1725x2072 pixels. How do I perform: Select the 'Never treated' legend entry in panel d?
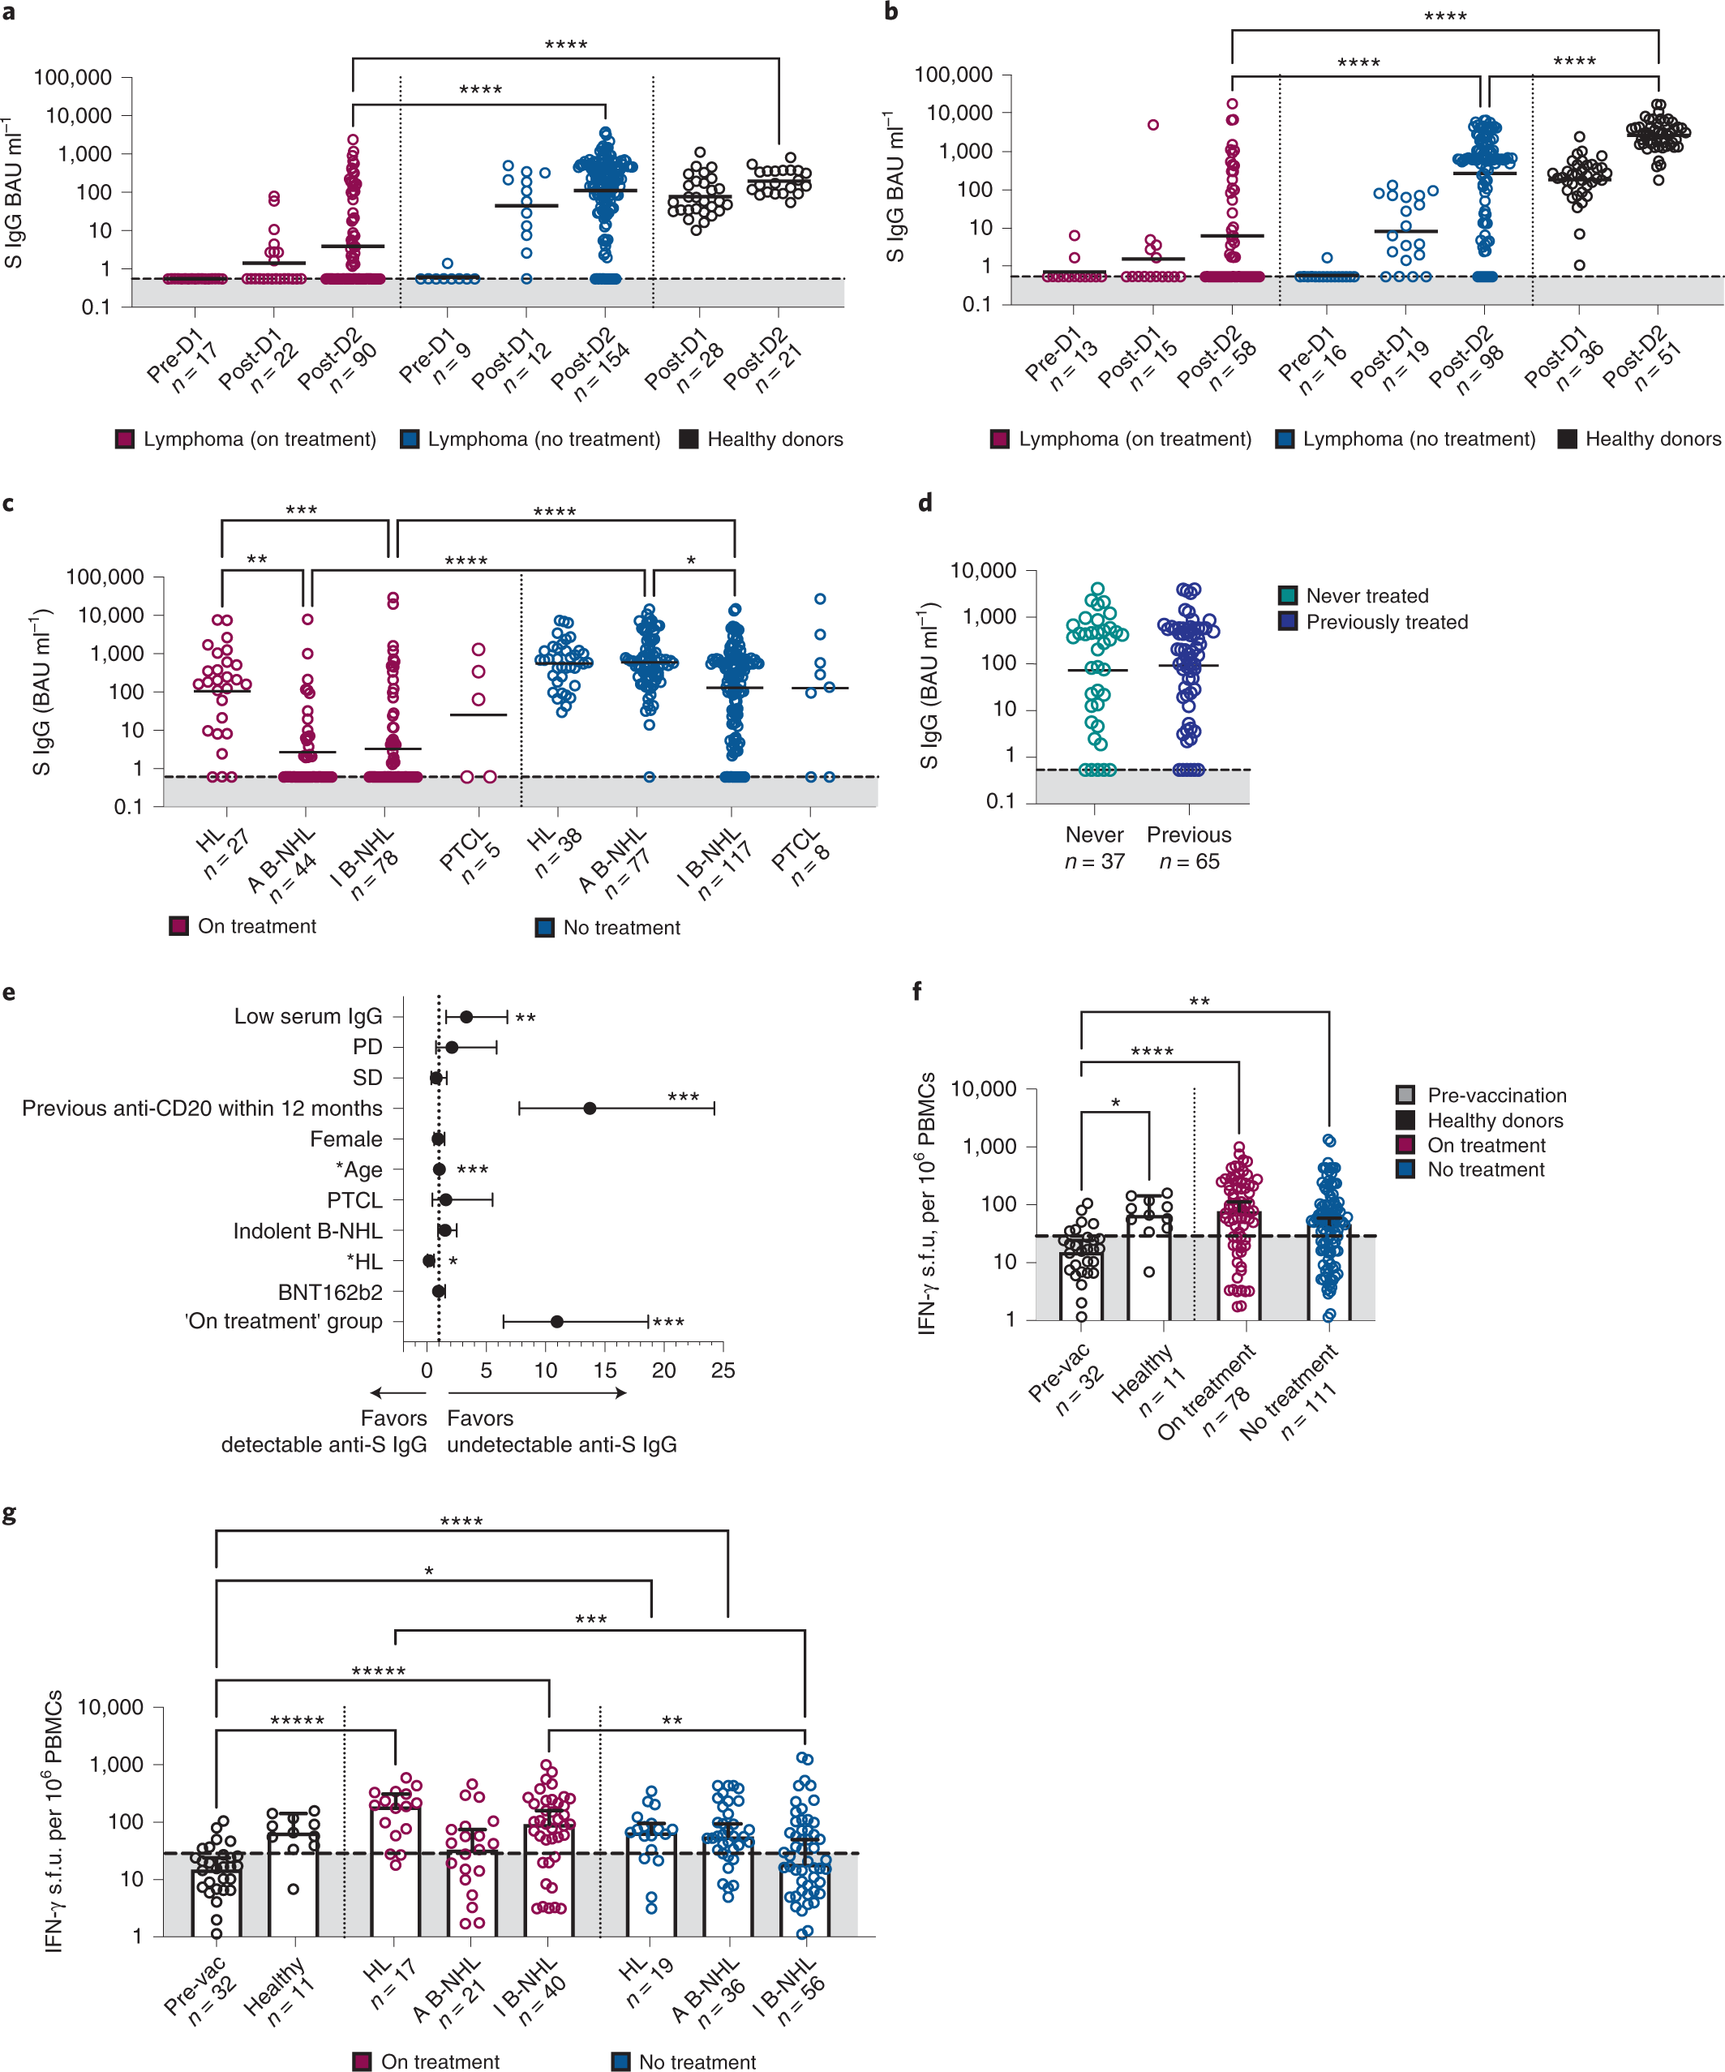click(1366, 596)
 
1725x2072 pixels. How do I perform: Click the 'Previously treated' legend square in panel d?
click(1287, 621)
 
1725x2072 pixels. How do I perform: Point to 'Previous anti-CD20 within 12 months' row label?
click(202, 1108)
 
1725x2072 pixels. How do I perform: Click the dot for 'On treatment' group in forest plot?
click(556, 1321)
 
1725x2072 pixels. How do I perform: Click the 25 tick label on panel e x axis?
click(723, 1371)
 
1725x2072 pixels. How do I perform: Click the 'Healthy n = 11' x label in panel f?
click(1150, 1381)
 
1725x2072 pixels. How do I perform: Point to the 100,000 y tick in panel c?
click(105, 577)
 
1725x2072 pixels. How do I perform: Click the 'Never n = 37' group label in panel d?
click(1094, 847)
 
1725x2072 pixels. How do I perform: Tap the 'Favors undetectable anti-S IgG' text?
click(560, 1431)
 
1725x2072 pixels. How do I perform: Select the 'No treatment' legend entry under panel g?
click(696, 2061)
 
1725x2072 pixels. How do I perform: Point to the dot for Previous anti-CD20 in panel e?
click(589, 1108)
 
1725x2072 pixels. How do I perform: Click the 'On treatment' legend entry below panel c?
click(255, 926)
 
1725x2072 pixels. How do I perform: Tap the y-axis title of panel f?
click(927, 1203)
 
